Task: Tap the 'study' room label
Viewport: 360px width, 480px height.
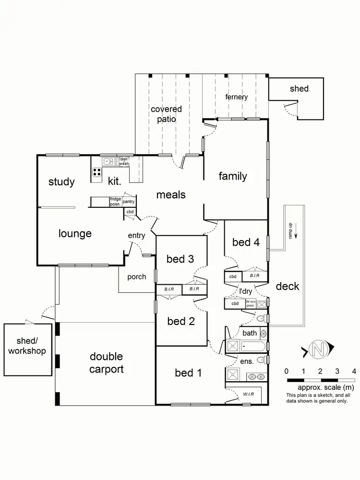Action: point(61,182)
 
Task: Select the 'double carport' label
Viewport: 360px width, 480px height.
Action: point(106,362)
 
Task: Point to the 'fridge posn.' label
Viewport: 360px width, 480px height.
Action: point(115,201)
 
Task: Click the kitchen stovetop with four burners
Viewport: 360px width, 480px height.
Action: point(96,173)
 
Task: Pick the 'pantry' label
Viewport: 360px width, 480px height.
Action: point(128,202)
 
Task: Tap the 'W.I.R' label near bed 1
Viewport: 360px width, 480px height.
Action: point(248,394)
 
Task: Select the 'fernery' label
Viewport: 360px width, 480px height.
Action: point(237,97)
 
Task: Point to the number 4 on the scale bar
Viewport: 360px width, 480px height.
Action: point(354,371)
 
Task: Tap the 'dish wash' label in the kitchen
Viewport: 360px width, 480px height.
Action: point(124,161)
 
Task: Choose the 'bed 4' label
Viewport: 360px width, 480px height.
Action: point(246,242)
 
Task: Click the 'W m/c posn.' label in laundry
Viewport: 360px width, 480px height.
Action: point(251,303)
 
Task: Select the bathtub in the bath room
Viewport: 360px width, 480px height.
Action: point(251,346)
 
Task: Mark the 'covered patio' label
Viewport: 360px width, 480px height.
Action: point(166,114)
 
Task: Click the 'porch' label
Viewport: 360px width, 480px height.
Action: point(136,277)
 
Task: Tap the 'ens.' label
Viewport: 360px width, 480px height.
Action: point(247,361)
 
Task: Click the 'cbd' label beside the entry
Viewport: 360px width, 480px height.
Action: point(130,212)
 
